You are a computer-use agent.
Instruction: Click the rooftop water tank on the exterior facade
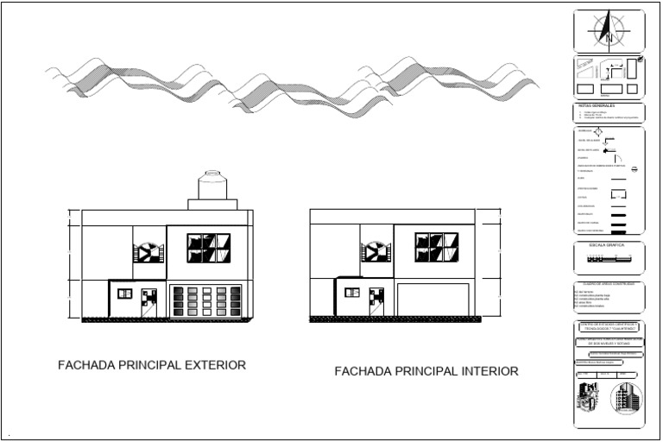212,186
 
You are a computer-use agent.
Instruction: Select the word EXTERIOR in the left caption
211,365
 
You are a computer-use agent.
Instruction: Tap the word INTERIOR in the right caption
484,372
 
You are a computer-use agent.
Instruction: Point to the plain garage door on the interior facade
432,301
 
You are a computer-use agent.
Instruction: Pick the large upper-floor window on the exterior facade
209,247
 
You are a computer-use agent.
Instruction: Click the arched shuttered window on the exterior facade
147,252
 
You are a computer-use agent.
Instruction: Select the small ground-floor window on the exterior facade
123,294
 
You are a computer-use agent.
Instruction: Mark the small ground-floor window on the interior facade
352,294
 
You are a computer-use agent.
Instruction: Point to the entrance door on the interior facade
376,302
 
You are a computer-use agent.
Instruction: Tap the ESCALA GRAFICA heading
609,245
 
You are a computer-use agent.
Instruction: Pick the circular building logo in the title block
627,400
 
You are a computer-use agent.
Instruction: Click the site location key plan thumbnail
609,77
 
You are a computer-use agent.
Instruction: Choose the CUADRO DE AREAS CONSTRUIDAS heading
609,283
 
